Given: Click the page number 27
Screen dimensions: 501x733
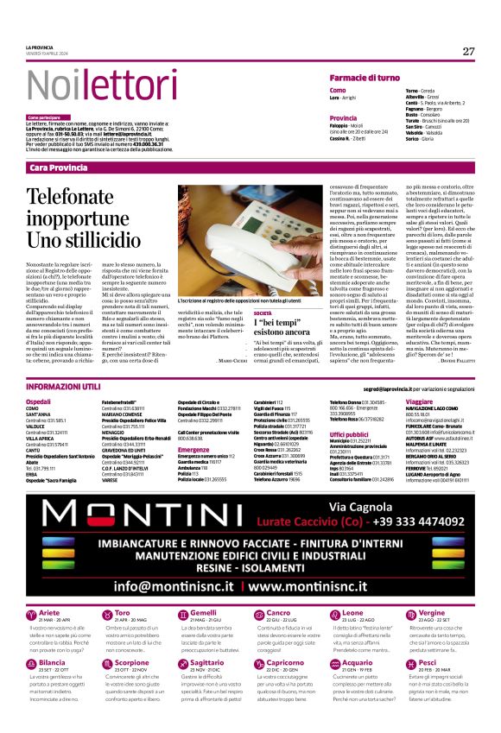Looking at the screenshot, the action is coord(468,51).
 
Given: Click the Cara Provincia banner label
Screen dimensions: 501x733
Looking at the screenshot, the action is coord(58,142).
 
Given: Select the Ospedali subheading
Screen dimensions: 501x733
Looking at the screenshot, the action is coord(38,402).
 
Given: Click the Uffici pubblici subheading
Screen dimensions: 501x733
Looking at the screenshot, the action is coord(348,434).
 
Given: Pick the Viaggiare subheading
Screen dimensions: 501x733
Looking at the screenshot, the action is coord(418,402).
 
